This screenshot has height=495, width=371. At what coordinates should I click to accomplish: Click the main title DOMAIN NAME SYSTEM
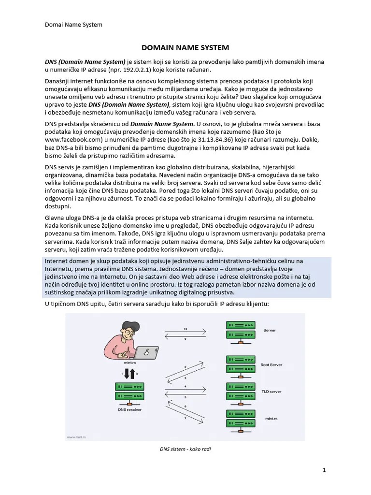tap(185, 47)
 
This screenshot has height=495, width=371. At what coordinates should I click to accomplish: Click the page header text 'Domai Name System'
tap(73, 24)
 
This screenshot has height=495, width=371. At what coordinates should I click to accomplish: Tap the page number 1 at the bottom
tap(325, 470)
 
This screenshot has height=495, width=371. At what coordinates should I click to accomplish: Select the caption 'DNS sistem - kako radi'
tap(185, 449)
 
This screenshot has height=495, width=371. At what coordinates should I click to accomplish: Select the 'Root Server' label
tap(271, 365)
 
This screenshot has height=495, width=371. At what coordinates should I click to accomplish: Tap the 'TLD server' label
tap(271, 392)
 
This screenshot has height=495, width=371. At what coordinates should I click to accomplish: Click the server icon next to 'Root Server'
tap(241, 365)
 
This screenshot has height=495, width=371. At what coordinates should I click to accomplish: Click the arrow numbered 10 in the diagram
tap(185, 330)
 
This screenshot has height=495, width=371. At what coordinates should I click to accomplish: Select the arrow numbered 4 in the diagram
tap(185, 387)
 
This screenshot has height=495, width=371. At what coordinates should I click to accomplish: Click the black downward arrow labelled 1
tap(127, 373)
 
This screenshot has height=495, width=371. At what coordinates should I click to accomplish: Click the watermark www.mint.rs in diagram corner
tap(76, 437)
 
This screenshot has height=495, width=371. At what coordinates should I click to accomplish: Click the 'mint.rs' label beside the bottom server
tap(272, 419)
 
